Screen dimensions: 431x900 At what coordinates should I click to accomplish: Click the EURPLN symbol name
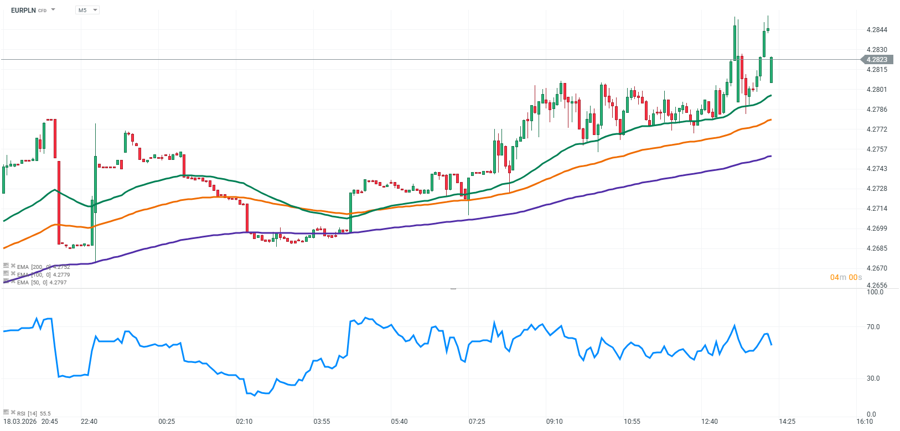(x=23, y=10)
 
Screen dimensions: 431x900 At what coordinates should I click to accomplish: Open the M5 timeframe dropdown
(x=87, y=10)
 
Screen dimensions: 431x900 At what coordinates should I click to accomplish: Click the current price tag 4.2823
(x=877, y=60)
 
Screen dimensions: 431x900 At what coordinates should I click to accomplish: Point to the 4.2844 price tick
(x=877, y=30)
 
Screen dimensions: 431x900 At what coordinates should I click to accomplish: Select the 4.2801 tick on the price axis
(x=877, y=90)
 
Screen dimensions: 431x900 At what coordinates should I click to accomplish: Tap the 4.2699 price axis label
(x=877, y=229)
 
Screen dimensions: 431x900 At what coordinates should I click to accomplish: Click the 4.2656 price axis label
(x=877, y=285)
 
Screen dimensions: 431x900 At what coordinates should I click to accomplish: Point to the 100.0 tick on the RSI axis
(x=875, y=292)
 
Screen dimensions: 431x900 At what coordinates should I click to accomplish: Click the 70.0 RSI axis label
(x=873, y=327)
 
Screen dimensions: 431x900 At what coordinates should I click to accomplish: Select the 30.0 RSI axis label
(x=873, y=378)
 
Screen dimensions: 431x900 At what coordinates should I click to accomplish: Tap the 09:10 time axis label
(x=554, y=422)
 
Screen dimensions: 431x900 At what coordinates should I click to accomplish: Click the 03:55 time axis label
(x=322, y=422)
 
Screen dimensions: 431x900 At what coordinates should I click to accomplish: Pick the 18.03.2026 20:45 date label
(x=30, y=422)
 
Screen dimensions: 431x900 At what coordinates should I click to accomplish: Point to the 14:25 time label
(x=787, y=422)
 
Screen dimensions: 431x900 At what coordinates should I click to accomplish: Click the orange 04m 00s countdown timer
(x=846, y=277)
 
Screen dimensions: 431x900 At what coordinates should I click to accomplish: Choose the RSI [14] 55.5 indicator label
(x=34, y=413)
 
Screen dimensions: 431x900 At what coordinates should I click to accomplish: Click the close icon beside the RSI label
(x=13, y=412)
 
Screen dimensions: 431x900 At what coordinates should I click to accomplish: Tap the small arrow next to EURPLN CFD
(x=53, y=10)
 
